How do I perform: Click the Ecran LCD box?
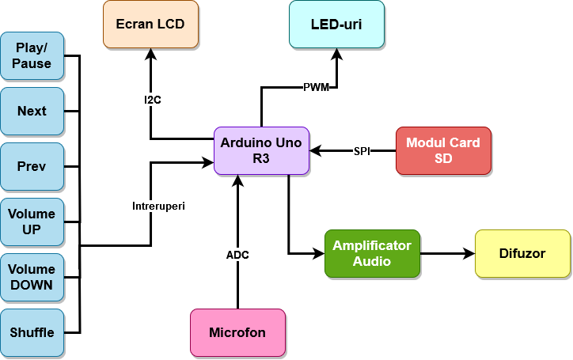pyautogui.click(x=150, y=24)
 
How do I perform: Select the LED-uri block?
pyautogui.click(x=336, y=24)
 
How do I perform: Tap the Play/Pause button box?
pyautogui.click(x=32, y=55)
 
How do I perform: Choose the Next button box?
pyautogui.click(x=32, y=111)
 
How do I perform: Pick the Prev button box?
pyautogui.click(x=32, y=166)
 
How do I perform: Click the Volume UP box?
pyautogui.click(x=32, y=222)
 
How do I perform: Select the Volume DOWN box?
pyautogui.click(x=32, y=277)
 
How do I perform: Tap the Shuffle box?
pyautogui.click(x=32, y=332)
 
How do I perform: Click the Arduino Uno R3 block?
pyautogui.click(x=261, y=150)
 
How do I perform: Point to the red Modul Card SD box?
pyautogui.click(x=443, y=150)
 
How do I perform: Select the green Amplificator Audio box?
pyautogui.click(x=372, y=253)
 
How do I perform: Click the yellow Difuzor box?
pyautogui.click(x=522, y=253)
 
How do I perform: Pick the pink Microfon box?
pyautogui.click(x=237, y=332)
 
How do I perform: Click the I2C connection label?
pyautogui.click(x=153, y=100)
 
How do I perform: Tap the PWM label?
pyautogui.click(x=316, y=87)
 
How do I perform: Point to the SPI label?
pyautogui.click(x=362, y=151)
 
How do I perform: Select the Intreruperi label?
pyautogui.click(x=158, y=206)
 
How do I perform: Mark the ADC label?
pyautogui.click(x=237, y=255)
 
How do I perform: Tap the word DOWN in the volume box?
pyautogui.click(x=32, y=285)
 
